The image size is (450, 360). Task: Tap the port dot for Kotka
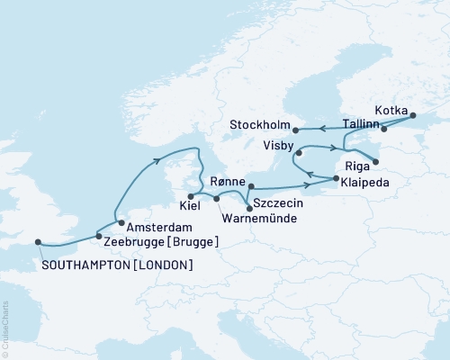pyautogui.click(x=413, y=115)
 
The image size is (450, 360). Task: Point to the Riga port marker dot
pyautogui.click(x=376, y=163)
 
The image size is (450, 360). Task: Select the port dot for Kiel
pyautogui.click(x=190, y=196)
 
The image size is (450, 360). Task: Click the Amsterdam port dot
pyautogui.click(x=120, y=221)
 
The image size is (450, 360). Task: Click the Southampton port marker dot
pyautogui.click(x=38, y=241)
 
